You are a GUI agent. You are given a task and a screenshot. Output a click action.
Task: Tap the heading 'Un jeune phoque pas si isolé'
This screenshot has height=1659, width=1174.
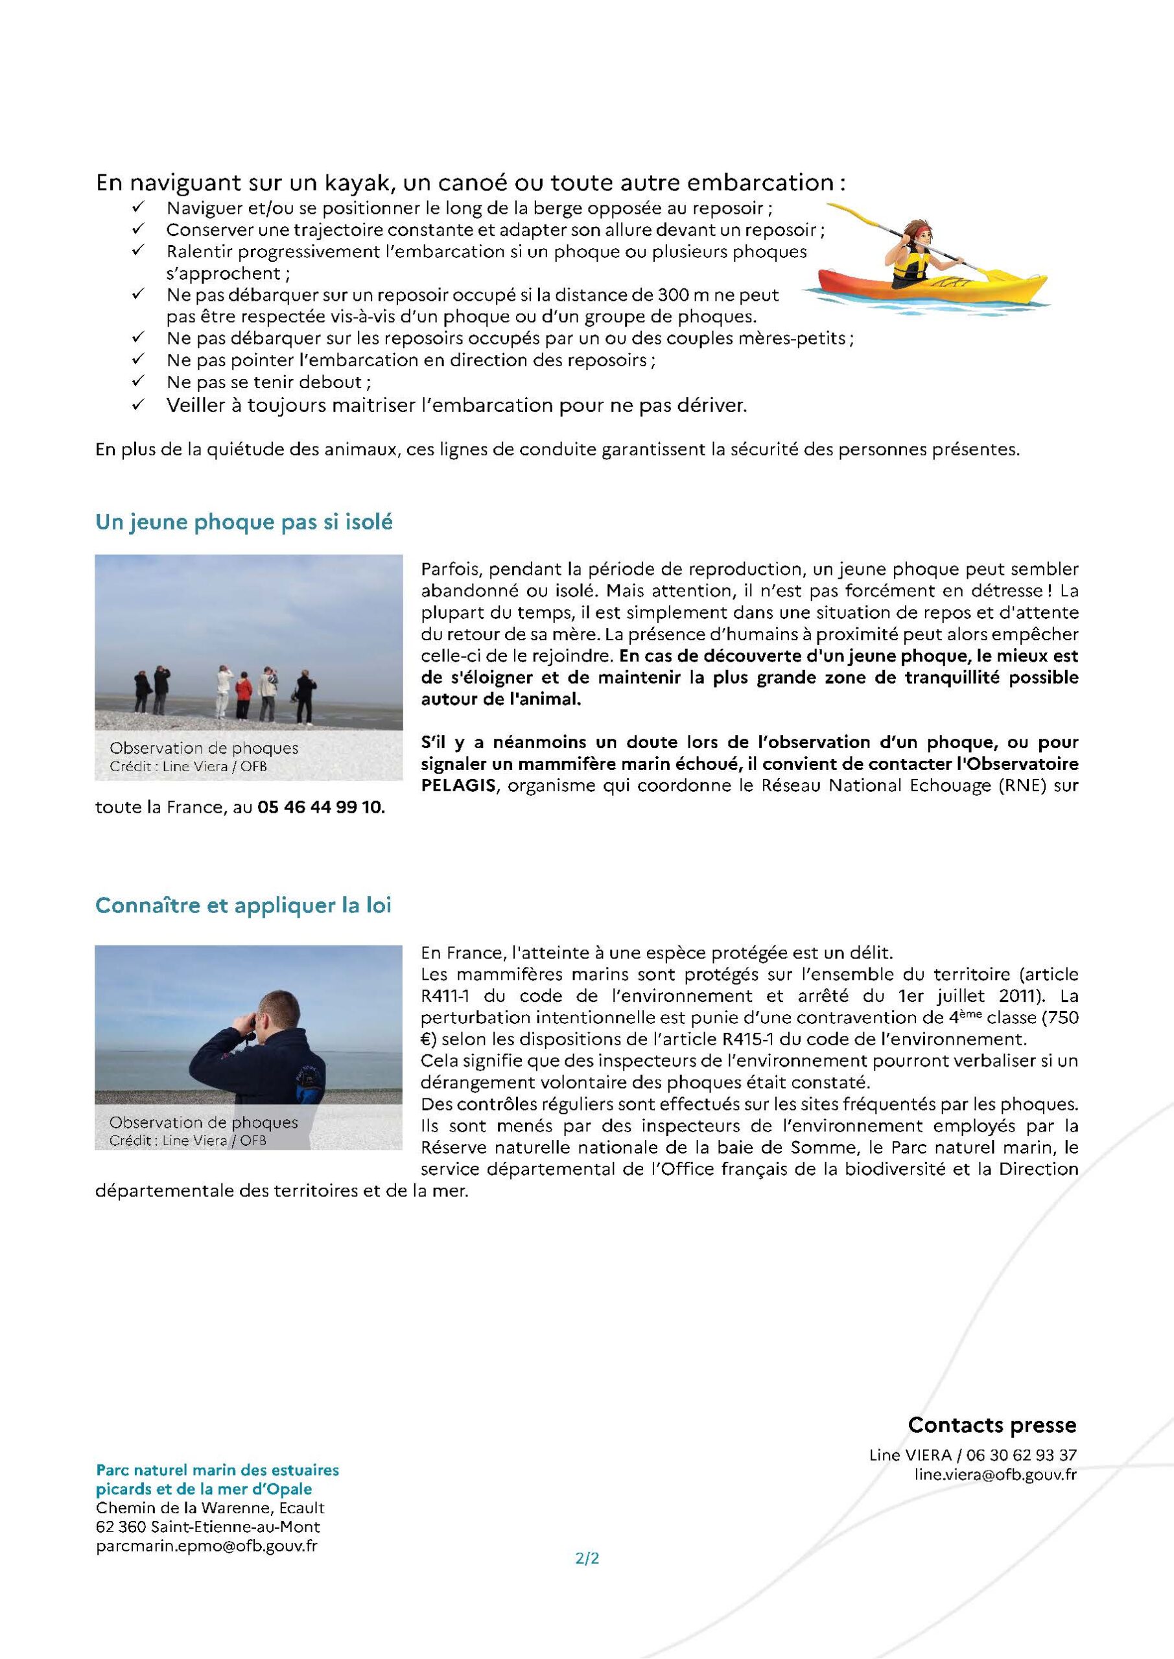[244, 522]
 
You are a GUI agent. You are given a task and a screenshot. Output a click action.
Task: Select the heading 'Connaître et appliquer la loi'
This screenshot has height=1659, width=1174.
[243, 905]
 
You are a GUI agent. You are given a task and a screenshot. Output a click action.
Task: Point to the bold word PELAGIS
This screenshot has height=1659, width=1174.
[458, 785]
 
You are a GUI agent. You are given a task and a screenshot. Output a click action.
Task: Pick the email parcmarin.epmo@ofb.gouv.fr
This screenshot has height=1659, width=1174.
[207, 1546]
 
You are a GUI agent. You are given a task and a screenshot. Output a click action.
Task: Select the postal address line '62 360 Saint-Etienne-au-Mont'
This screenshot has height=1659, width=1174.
[207, 1527]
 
